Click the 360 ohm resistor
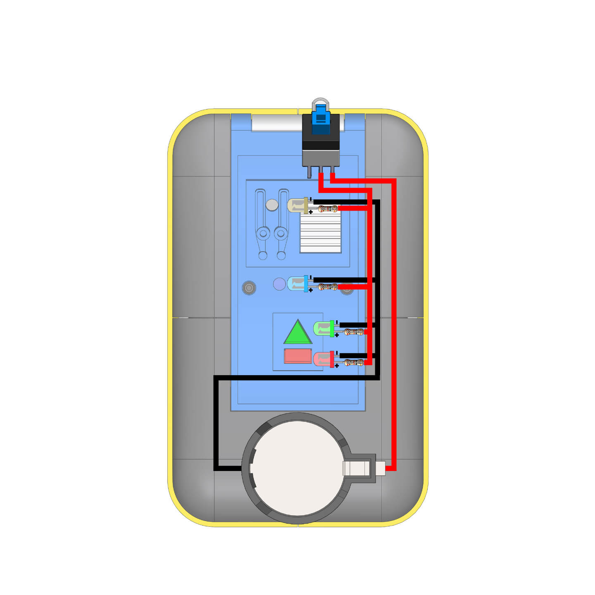tap(354, 363)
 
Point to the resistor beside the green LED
tap(354, 332)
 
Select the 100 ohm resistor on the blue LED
tap(328, 287)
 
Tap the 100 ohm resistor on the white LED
tap(328, 209)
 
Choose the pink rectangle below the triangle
tap(297, 356)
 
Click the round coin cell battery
tap(297, 469)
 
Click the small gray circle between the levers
tap(272, 205)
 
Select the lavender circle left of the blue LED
tap(280, 284)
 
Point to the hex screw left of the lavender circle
tap(249, 288)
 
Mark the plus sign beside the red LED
tap(337, 366)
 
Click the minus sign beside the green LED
tap(337, 322)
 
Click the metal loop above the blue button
tap(321, 102)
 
